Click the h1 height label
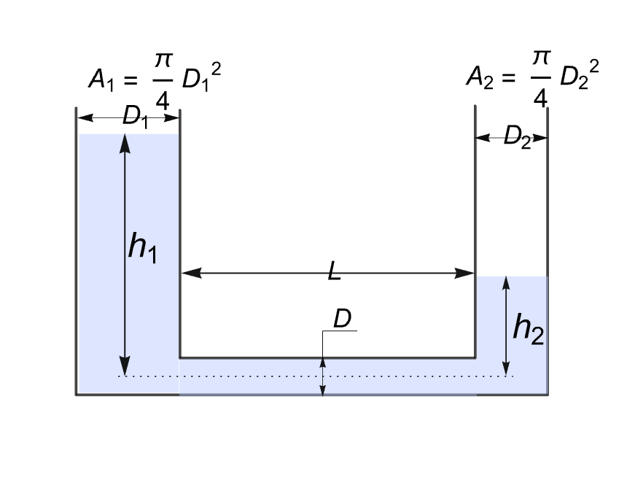143,248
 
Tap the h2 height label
529,330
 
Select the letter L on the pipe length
334,273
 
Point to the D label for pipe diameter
342,319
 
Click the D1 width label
136,116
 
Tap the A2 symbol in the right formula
479,77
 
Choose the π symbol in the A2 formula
540,61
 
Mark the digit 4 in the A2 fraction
540,97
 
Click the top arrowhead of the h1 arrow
125,143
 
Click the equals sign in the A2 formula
509,78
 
